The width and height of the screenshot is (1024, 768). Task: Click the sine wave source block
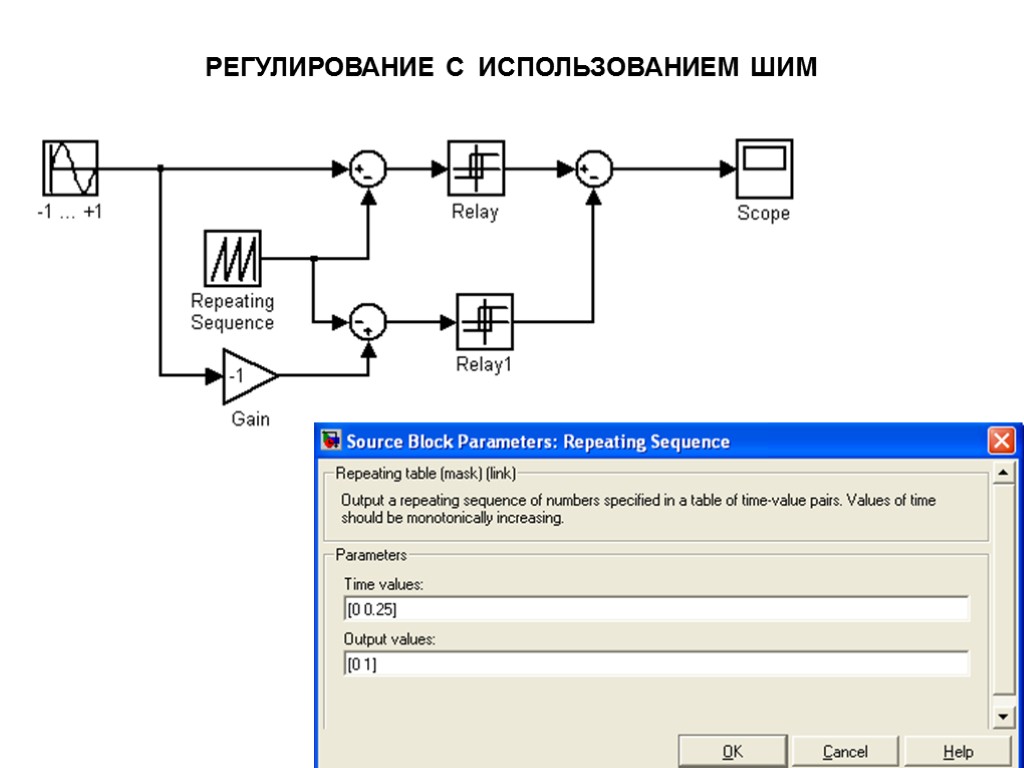(70, 168)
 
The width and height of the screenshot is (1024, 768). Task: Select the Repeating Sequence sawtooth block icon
(232, 258)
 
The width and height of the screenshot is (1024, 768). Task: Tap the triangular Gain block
(246, 376)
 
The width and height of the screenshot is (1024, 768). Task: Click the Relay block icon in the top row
(475, 168)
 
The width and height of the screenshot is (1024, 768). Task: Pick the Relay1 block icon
(484, 321)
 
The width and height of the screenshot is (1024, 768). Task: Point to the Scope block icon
(764, 168)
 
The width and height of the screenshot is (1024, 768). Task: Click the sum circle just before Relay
(368, 169)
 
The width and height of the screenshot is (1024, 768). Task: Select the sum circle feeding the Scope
(594, 169)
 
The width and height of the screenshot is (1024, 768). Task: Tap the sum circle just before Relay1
(368, 321)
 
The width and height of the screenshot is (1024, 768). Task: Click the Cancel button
(844, 751)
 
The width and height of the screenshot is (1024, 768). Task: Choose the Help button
(957, 751)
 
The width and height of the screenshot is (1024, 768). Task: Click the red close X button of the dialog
(1001, 441)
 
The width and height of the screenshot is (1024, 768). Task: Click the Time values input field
(656, 609)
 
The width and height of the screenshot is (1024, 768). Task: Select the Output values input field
(656, 664)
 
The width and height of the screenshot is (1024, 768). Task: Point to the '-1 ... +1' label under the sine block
(69, 212)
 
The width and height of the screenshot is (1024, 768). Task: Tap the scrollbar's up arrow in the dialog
(1002, 472)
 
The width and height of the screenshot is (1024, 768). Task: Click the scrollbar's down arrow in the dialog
(1002, 718)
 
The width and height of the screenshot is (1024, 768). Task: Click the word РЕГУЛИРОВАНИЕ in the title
(313, 68)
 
